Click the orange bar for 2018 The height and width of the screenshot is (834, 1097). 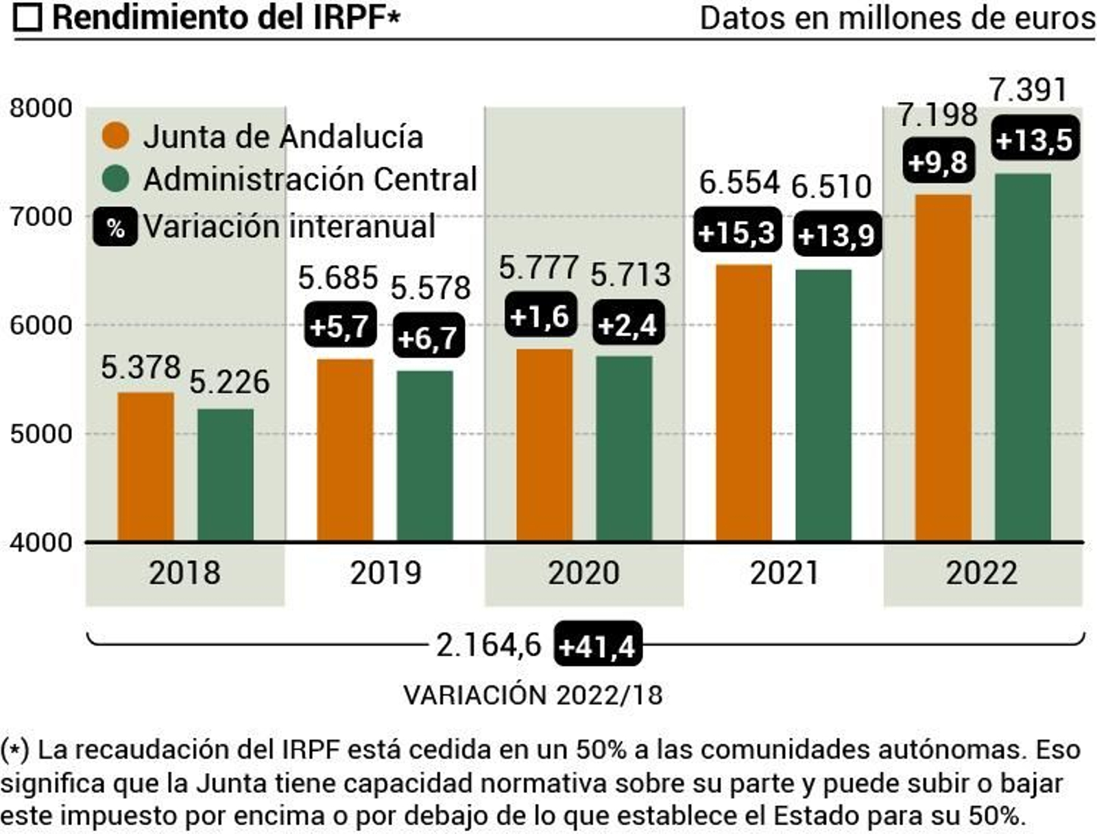[145, 467]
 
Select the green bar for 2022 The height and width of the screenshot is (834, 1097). [1022, 357]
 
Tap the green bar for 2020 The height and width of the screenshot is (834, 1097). [623, 448]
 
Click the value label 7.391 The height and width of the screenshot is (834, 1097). [1029, 90]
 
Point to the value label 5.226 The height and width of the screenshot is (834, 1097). [229, 382]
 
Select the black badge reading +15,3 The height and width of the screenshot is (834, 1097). [737, 233]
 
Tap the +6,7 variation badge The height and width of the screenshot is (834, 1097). [427, 337]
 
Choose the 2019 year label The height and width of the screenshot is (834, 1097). [385, 573]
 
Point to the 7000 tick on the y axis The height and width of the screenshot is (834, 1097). [41, 217]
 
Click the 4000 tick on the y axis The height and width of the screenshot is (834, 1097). [41, 543]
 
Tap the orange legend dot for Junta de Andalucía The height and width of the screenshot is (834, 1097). [115, 136]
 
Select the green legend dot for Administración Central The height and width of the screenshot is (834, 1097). [115, 179]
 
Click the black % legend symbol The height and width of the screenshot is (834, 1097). [115, 227]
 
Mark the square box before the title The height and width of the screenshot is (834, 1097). [28, 18]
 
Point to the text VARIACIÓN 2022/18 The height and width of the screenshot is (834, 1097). [533, 695]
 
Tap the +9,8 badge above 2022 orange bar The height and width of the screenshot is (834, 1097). [938, 162]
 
